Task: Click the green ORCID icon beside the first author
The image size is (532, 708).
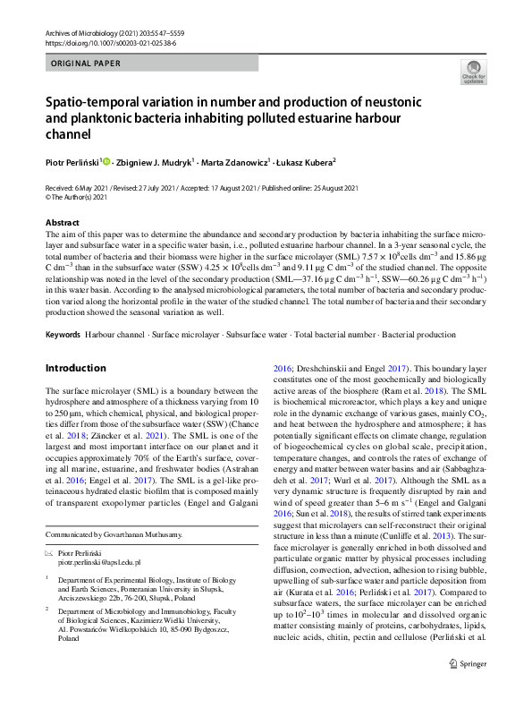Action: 106,162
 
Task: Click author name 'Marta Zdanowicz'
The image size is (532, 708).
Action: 235,162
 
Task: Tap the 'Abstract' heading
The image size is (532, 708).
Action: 62,221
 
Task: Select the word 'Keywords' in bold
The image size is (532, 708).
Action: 63,334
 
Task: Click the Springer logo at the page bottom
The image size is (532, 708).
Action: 467,688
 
